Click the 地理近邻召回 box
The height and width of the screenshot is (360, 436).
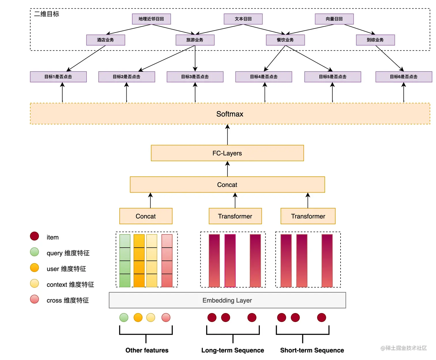151,19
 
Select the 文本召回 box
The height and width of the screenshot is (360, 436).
243,19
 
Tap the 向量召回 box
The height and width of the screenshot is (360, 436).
334,19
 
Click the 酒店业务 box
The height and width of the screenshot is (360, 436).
106,40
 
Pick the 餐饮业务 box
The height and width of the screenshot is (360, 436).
285,40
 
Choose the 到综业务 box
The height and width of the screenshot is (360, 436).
375,40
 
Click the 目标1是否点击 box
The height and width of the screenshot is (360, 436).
58,77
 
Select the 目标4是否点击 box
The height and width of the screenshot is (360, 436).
264,77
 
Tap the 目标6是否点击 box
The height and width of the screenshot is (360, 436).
403,77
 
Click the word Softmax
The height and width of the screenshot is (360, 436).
230,114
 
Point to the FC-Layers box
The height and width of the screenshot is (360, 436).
227,153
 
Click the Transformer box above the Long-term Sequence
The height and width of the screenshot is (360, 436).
235,216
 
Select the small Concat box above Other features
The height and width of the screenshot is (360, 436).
146,216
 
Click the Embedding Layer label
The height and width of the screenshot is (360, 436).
227,300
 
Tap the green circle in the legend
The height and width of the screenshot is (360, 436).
35,252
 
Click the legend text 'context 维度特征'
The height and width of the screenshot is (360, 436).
70,285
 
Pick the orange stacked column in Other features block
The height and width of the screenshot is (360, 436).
139,261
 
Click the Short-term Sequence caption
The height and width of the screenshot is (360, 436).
312,350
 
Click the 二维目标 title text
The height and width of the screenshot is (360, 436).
47,14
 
